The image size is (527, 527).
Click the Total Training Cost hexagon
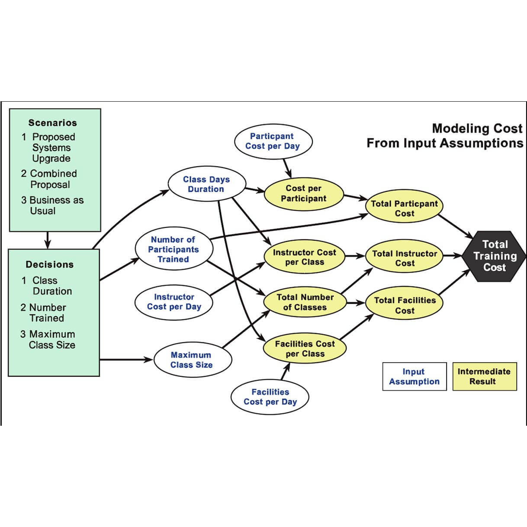494,256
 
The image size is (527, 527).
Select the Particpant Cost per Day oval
273,141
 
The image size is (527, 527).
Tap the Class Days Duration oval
206,184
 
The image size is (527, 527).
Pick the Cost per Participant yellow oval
303,193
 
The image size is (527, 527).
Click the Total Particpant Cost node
404,209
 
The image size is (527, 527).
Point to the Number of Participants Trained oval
174,249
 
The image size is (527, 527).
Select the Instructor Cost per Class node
304,257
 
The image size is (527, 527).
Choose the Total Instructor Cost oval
404,258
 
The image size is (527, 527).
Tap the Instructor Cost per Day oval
174,302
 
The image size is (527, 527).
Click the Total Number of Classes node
305,302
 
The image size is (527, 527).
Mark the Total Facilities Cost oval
404,305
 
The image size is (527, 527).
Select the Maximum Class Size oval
192,360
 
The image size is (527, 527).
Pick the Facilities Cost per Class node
305,349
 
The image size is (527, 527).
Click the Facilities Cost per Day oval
270,397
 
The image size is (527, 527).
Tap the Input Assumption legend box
414,376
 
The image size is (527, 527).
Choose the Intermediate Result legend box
484,376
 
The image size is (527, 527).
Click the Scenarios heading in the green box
52,123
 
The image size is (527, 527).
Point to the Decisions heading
50,264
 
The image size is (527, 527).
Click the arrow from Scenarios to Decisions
48,240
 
